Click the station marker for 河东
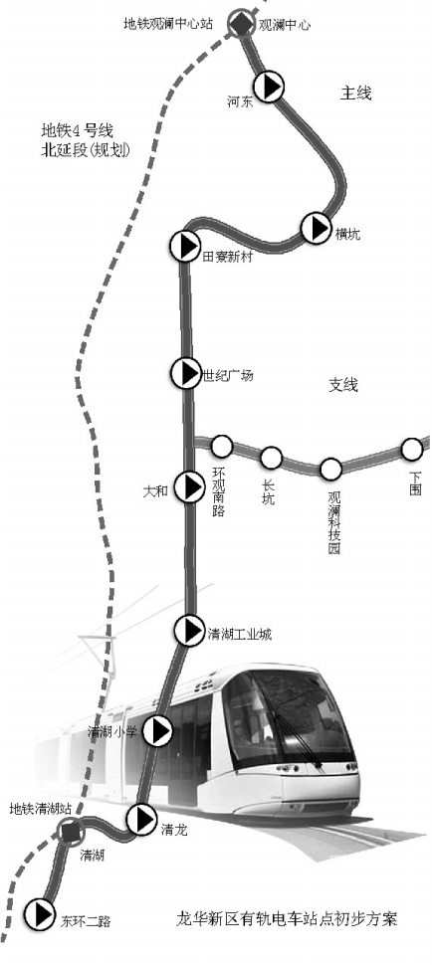point(269,87)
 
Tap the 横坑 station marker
point(317,228)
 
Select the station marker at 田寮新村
point(184,246)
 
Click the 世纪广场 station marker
point(186,373)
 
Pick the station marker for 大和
point(189,487)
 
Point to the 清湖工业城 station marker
point(189,630)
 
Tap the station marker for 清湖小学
point(159,731)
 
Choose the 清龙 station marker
point(142,819)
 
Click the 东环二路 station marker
point(40,914)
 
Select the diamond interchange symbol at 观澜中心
point(240,24)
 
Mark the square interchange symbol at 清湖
point(72,832)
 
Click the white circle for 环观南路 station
point(222,446)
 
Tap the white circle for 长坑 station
point(272,458)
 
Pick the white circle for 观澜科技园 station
point(331,469)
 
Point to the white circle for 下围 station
point(412,450)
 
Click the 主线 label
point(356,93)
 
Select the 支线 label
point(342,385)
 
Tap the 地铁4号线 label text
point(78,130)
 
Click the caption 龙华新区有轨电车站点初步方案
point(288,919)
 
